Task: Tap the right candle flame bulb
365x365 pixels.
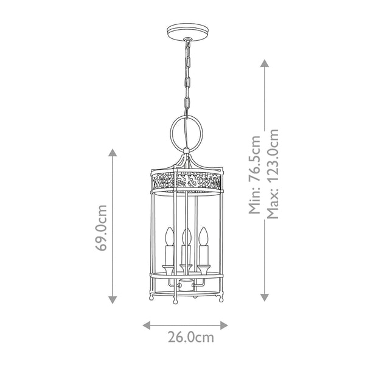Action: click(x=203, y=235)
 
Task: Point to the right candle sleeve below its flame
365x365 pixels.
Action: click(x=203, y=255)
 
